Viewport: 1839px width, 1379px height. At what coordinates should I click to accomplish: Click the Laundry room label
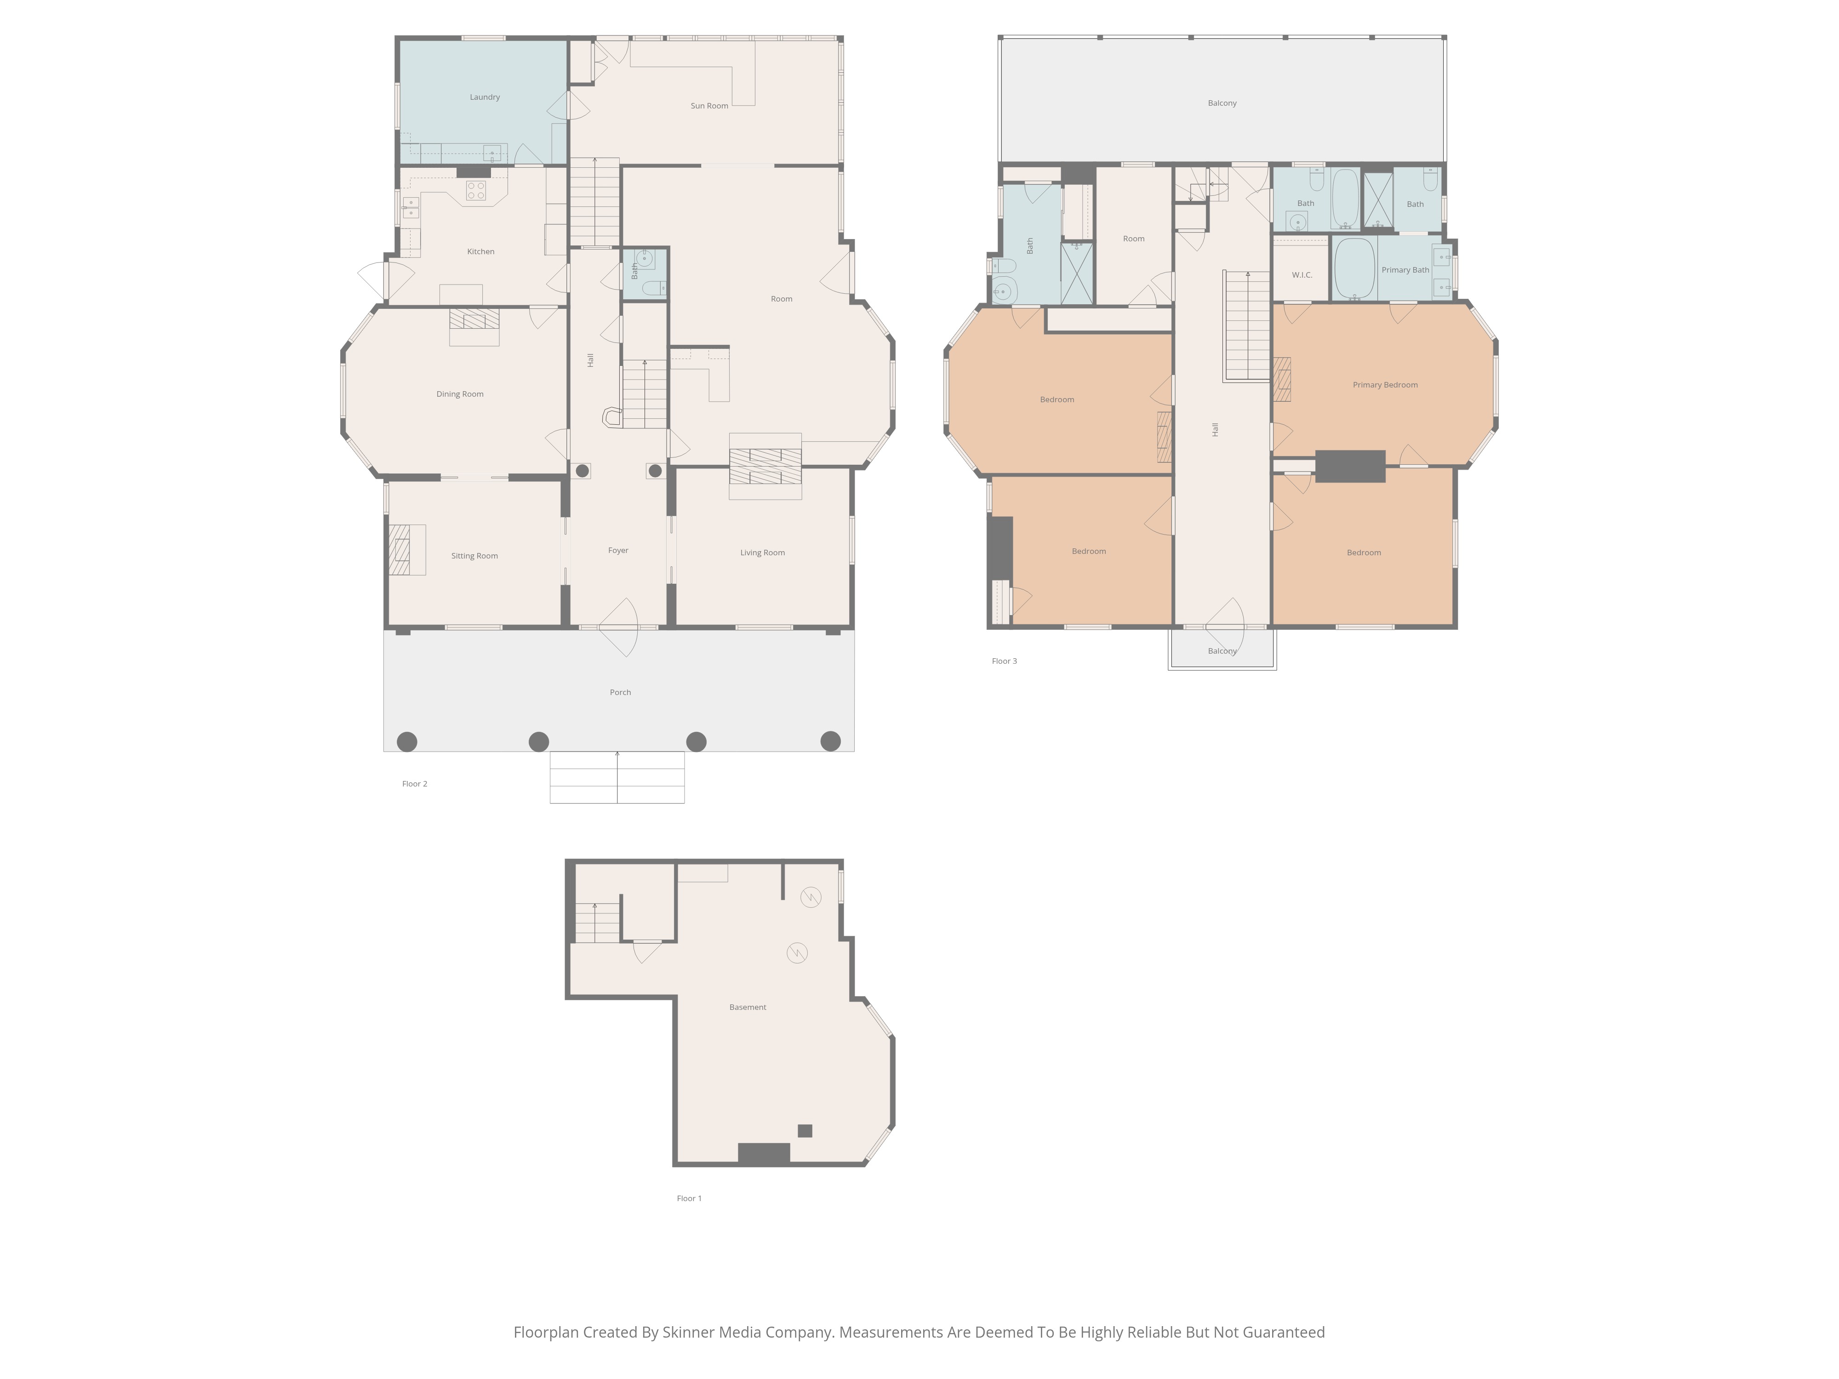click(x=485, y=97)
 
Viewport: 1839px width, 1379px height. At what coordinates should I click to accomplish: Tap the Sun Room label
click(x=709, y=106)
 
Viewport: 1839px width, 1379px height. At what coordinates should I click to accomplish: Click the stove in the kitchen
click(x=475, y=190)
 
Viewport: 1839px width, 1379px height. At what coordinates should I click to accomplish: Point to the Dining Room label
click(x=460, y=394)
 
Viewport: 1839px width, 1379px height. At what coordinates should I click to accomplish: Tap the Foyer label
click(x=618, y=550)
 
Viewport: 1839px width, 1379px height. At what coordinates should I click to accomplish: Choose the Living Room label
click(x=762, y=553)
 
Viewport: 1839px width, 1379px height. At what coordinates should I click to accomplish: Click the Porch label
click(x=620, y=692)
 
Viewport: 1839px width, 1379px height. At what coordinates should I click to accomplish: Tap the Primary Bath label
click(x=1405, y=270)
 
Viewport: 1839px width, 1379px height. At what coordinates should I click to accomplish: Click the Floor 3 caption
click(x=1004, y=661)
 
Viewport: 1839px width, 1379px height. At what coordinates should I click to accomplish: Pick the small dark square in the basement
click(x=805, y=1130)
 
